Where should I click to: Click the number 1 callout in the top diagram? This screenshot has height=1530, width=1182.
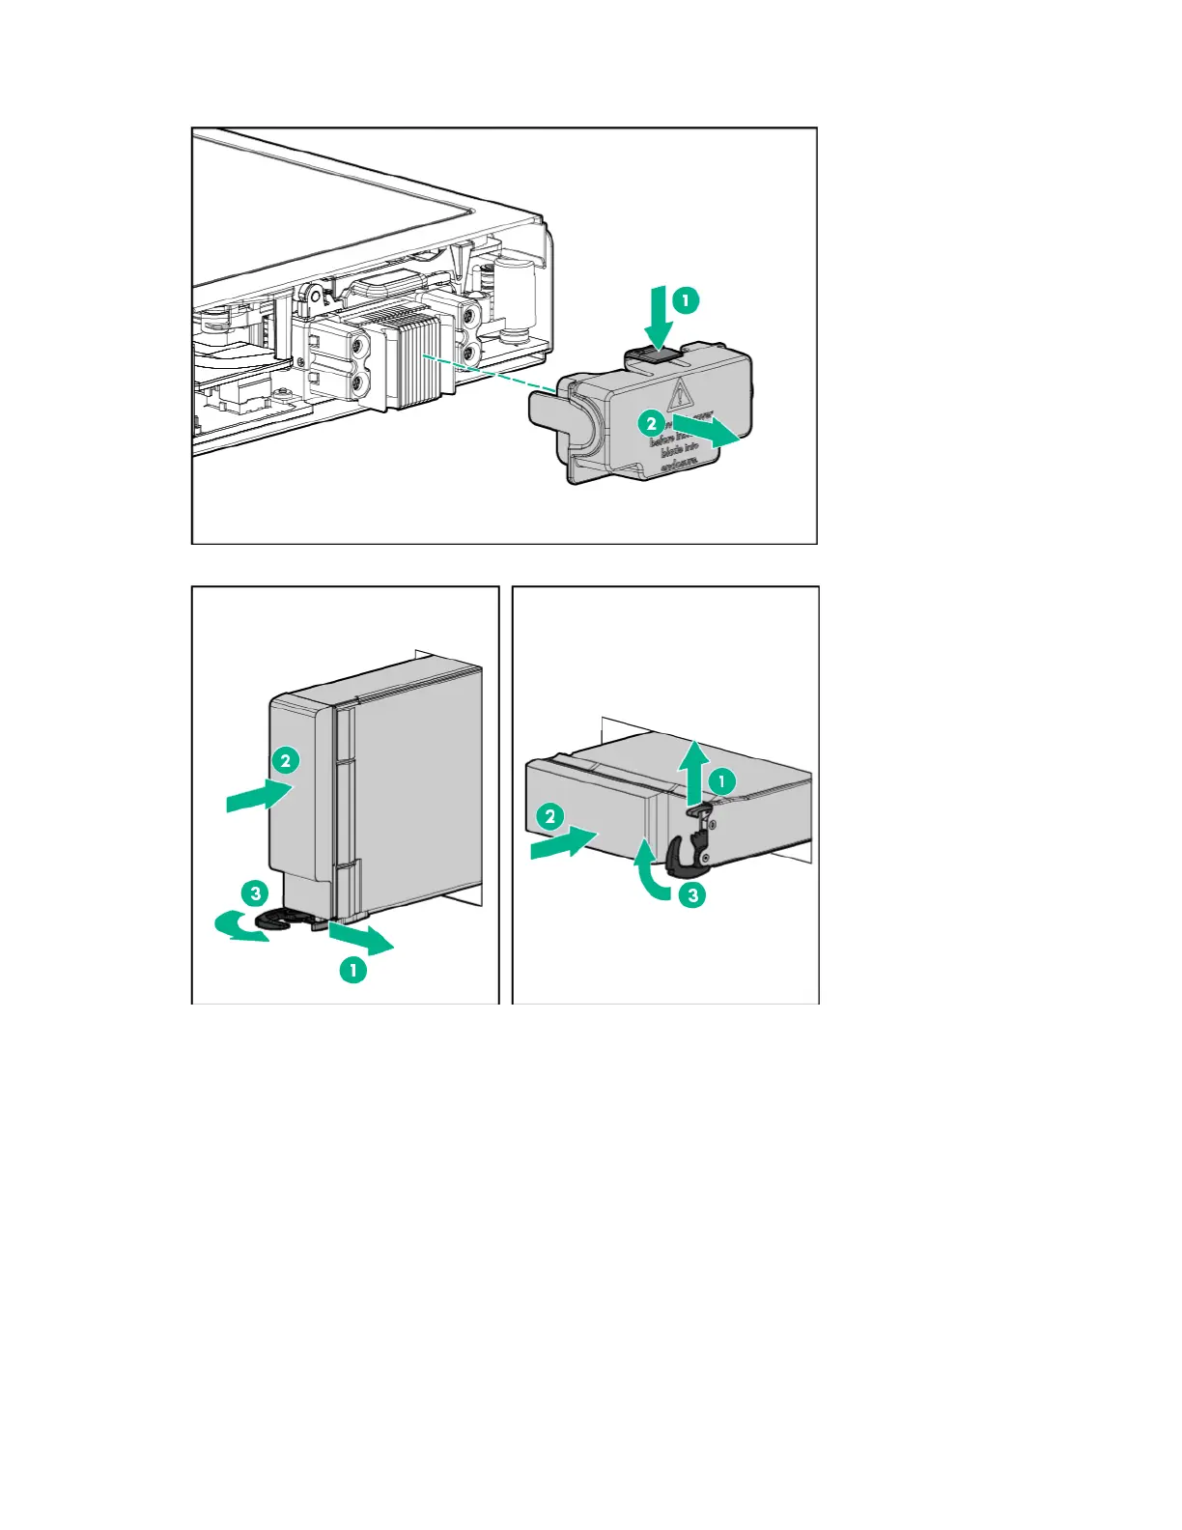tap(685, 300)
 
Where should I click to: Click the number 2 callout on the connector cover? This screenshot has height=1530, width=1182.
tap(652, 423)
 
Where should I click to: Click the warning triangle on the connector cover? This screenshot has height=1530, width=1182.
tap(682, 393)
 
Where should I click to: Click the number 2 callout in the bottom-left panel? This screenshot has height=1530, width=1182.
tap(285, 760)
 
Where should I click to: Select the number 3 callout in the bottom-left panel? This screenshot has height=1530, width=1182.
tap(255, 892)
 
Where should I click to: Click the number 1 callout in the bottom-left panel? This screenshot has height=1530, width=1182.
tap(353, 969)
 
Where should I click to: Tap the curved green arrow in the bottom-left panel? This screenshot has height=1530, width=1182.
tap(238, 927)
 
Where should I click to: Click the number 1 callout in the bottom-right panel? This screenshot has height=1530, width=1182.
tap(721, 780)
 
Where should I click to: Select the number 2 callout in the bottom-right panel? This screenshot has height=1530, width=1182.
tap(550, 816)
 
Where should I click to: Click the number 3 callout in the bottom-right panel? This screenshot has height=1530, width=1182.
tap(692, 895)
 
